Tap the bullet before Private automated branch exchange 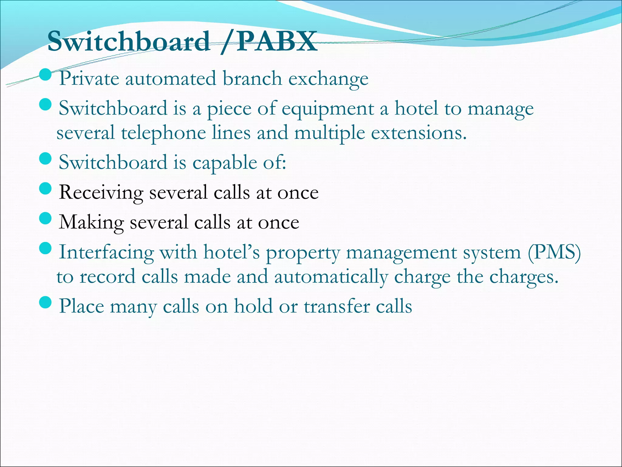pos(46,75)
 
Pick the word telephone pos(163,133)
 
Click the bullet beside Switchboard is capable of pos(46,159)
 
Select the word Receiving pos(101,193)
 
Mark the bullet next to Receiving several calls pos(46,189)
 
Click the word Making pos(91,223)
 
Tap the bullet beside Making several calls pos(46,218)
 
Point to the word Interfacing pos(106,252)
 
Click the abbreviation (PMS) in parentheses pos(554,252)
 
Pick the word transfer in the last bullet pos(337,306)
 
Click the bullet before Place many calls pos(46,303)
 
